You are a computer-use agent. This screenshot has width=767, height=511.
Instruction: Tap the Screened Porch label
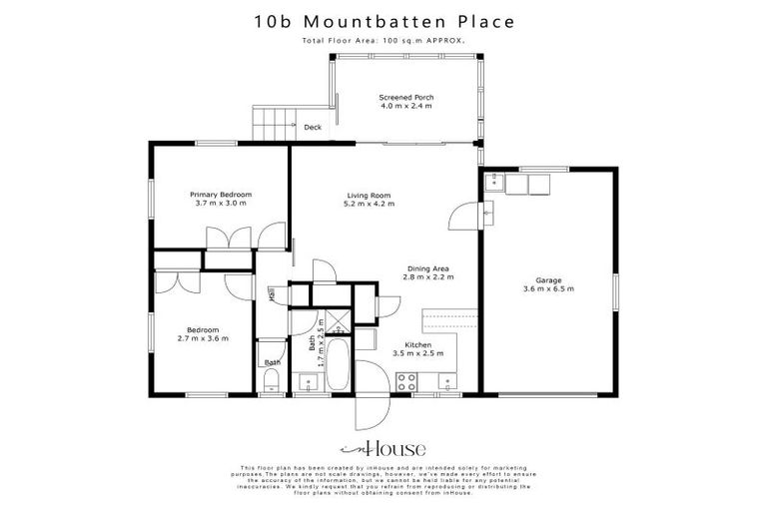pos(405,98)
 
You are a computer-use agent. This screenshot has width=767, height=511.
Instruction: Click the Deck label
pos(313,127)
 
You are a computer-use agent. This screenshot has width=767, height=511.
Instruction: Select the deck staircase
pos(273,124)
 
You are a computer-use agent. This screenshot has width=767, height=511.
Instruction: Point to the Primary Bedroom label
pos(221,194)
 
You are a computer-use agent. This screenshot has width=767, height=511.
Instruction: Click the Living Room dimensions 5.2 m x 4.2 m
pos(369,204)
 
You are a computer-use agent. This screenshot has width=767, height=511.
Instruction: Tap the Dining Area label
pos(428,267)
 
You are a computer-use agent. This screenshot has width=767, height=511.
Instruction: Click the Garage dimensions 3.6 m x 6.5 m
pos(548,288)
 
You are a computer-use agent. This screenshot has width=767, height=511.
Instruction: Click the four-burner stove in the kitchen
pos(407,380)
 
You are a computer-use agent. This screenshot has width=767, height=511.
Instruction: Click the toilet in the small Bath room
pos(272,378)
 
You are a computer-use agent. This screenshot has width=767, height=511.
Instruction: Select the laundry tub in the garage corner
pos(496,183)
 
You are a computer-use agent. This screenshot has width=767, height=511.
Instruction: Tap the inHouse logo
pos(383,448)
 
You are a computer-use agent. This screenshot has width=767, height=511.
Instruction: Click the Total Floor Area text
pos(383,41)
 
